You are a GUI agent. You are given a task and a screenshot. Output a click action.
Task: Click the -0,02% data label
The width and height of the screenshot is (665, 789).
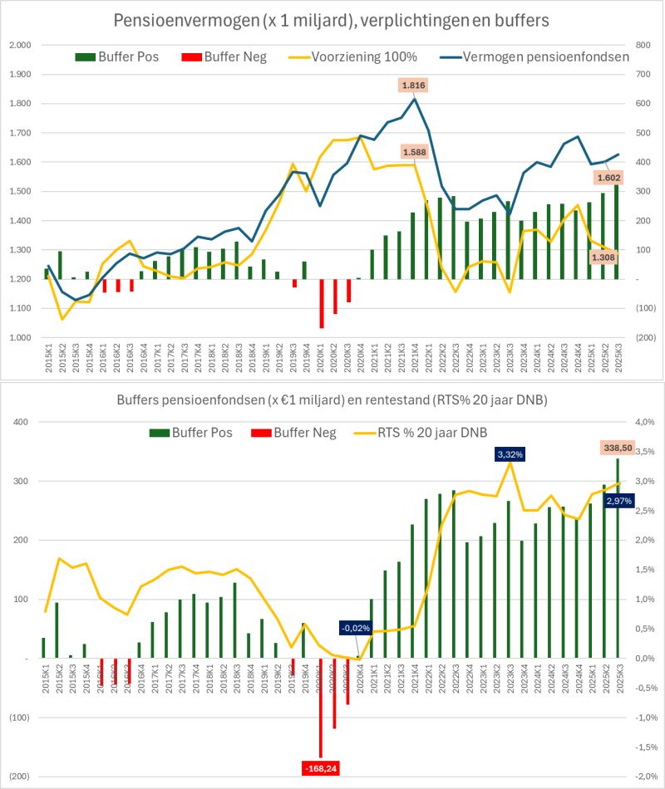(355, 628)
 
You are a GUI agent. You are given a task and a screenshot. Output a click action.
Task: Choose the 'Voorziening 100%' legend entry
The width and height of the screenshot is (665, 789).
(363, 57)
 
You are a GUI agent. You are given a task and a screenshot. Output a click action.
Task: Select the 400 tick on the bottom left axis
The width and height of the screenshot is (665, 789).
(20, 422)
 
